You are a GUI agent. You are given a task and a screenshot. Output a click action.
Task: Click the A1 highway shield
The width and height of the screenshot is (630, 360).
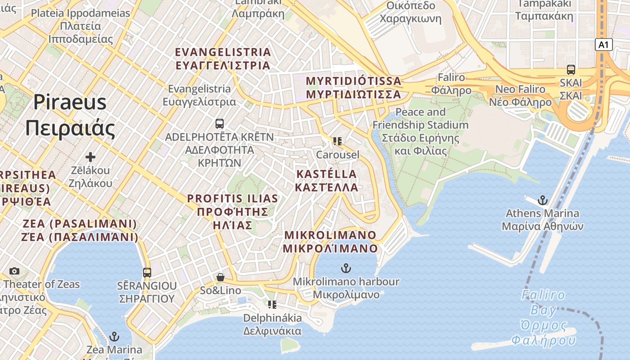pyautogui.click(x=603, y=45)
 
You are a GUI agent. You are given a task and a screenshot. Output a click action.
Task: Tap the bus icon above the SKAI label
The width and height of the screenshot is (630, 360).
pyautogui.click(x=571, y=70)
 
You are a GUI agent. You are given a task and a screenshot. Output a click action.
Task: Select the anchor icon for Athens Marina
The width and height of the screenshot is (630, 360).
pyautogui.click(x=543, y=200)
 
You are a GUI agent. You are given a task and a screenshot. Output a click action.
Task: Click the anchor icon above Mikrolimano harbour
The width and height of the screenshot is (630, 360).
pyautogui.click(x=346, y=269)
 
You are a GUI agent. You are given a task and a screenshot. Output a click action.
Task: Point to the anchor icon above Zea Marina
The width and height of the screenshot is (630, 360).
pyautogui.click(x=114, y=337)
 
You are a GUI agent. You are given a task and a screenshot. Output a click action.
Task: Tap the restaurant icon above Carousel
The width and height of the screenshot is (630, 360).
pyautogui.click(x=337, y=141)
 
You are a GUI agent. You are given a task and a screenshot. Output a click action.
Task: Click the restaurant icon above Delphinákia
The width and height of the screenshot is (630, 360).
pyautogui.click(x=272, y=305)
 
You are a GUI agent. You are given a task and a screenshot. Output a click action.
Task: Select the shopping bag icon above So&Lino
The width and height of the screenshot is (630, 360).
pyautogui.click(x=220, y=277)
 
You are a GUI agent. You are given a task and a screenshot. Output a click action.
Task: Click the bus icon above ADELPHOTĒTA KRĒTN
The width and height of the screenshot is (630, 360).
pyautogui.click(x=220, y=123)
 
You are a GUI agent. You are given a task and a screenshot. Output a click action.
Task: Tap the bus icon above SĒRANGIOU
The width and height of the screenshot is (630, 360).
pyautogui.click(x=147, y=272)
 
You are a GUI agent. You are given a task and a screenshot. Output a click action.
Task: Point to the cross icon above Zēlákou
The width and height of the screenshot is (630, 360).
pyautogui.click(x=90, y=157)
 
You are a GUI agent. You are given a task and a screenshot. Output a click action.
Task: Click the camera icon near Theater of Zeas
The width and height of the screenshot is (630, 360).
pyautogui.click(x=14, y=271)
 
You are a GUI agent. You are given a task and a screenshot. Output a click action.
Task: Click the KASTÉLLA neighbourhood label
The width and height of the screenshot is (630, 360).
pyautogui.click(x=327, y=180)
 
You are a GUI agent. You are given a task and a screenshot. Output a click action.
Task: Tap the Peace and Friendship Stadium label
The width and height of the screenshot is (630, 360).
pyautogui.click(x=420, y=131)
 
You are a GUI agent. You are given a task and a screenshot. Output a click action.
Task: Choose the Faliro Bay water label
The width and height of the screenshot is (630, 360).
pyautogui.click(x=543, y=318)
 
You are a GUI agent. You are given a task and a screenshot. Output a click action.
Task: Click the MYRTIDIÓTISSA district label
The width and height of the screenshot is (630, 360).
pyautogui.click(x=353, y=88)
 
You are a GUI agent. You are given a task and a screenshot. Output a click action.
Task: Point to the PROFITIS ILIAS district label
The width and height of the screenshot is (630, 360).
pyautogui.click(x=233, y=211)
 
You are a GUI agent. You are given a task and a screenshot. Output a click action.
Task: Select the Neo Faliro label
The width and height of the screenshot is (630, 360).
pyautogui.click(x=523, y=95)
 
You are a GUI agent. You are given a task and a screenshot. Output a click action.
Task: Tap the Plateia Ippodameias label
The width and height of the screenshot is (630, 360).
pyautogui.click(x=81, y=26)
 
